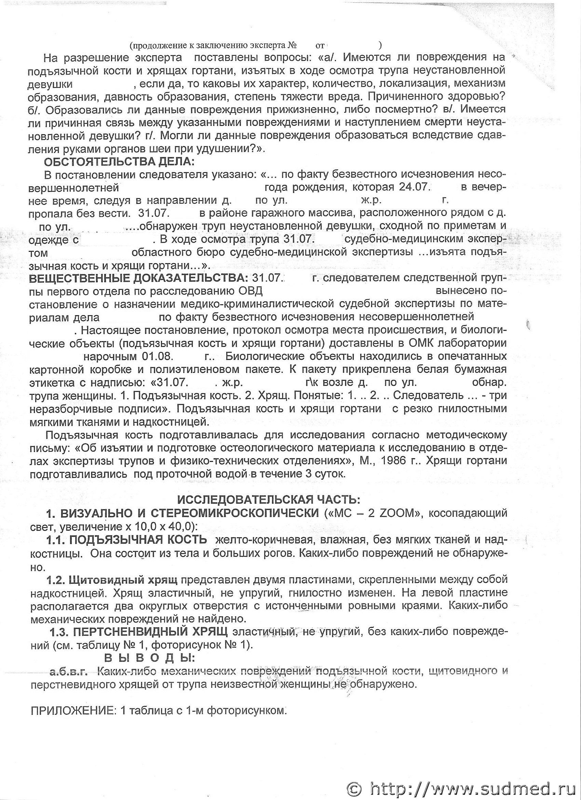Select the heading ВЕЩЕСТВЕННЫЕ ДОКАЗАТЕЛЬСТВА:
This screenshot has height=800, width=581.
139,278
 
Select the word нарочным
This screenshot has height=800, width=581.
110,356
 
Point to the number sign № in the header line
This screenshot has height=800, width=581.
293,46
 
